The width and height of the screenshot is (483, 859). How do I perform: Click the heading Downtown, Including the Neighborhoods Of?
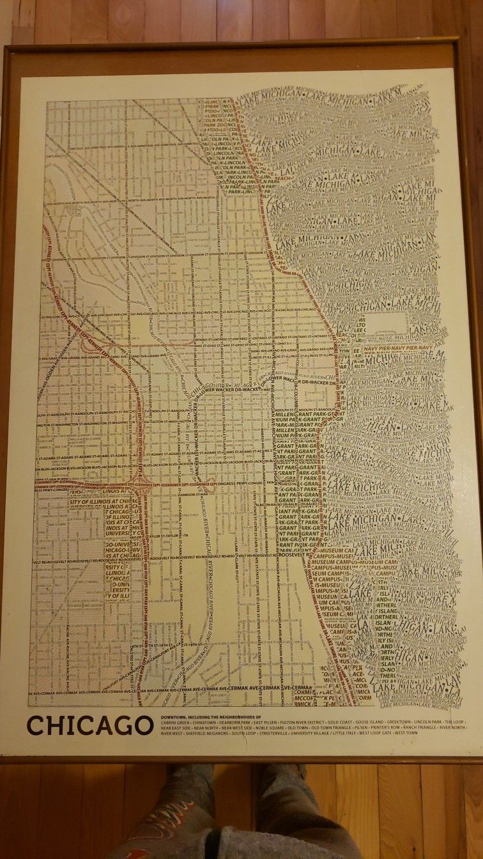[x=208, y=717]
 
